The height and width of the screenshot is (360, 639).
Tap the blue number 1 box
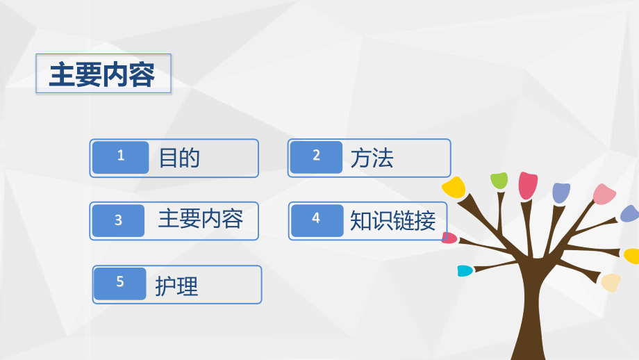pos(121,157)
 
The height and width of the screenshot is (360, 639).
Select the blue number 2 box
pos(317,157)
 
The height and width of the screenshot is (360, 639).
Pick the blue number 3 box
pos(119,220)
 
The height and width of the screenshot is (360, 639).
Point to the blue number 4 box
pos(317,220)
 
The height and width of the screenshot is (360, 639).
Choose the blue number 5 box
pos(120,284)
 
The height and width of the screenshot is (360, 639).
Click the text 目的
pos(179,158)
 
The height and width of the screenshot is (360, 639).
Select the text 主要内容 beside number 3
pos(200,220)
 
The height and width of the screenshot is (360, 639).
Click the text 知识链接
pos(392,220)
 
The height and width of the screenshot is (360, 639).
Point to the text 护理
pos(176,285)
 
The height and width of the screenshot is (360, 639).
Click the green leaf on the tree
pos(499,181)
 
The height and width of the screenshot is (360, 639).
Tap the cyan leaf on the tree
pos(465,270)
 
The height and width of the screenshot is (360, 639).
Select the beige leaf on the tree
pos(611,282)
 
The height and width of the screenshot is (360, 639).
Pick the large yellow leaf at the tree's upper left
pos(454,186)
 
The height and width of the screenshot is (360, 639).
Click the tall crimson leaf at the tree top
pos(528,185)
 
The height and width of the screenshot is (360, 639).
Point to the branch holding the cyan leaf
pos(493,267)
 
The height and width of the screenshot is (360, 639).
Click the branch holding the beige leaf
pos(583,276)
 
